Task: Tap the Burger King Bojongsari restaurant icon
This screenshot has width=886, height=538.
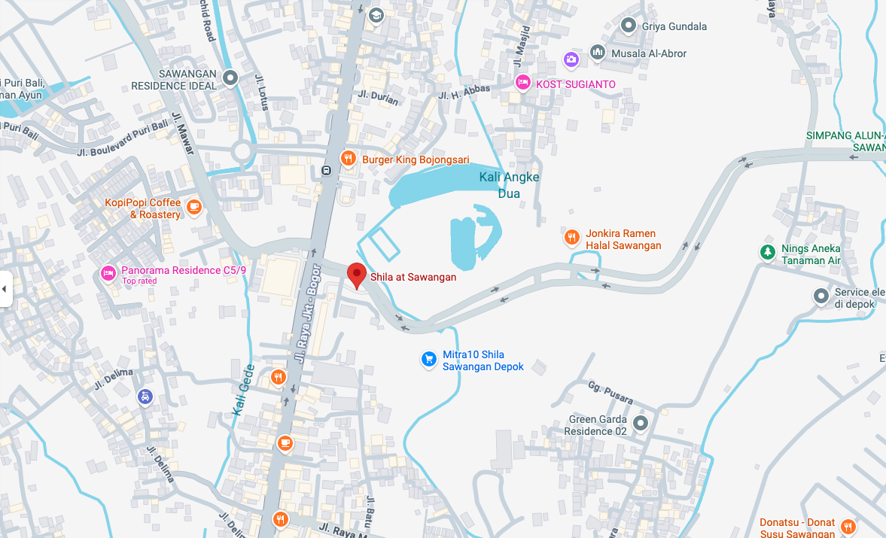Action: coord(347,159)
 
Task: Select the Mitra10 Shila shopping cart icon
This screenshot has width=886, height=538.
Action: coord(428,360)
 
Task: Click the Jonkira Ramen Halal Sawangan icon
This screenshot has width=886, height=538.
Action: coord(571,238)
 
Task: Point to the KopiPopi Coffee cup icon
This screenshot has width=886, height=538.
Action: coord(194,206)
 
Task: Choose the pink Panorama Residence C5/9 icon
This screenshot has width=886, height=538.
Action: coord(108,271)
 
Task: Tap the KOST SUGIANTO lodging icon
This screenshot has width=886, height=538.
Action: coord(522,83)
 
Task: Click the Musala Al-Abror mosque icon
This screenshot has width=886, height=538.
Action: coord(598,53)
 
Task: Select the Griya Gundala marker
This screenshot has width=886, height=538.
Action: coord(628,26)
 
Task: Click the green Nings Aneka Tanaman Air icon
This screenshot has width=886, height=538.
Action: coord(767,252)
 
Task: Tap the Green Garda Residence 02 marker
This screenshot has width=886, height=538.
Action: coord(641,424)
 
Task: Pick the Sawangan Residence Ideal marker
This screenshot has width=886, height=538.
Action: coord(230,78)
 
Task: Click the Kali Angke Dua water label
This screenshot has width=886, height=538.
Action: coord(509,184)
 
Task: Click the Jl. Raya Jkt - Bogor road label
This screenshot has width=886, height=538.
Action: coord(309,315)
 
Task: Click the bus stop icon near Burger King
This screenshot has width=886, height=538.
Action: coord(326,170)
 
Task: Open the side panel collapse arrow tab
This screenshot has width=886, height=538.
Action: coord(5,288)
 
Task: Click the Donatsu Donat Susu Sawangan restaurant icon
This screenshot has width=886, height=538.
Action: coord(848,526)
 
